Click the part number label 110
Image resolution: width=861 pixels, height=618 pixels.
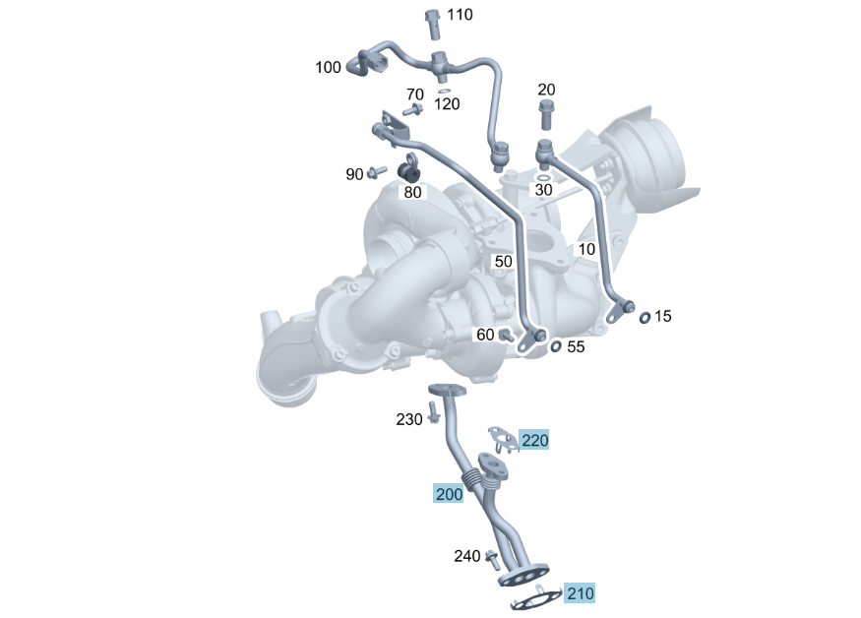[x=460, y=15]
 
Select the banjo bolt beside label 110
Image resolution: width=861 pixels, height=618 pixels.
[x=433, y=24]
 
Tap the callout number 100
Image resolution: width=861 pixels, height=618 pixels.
[x=328, y=67]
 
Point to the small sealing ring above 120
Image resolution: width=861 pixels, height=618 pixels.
[x=445, y=92]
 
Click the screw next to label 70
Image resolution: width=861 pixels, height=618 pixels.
[x=412, y=110]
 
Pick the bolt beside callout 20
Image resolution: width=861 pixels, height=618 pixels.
[x=546, y=114]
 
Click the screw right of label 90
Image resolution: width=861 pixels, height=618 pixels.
[x=376, y=172]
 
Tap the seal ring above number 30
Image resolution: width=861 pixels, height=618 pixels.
[x=543, y=178]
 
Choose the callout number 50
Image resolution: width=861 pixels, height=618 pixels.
[x=503, y=261]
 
